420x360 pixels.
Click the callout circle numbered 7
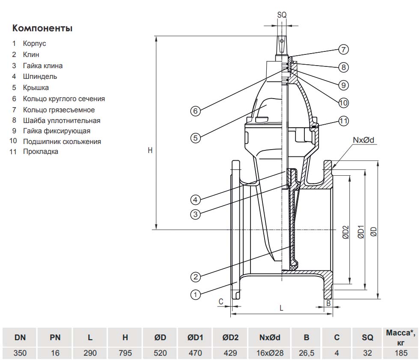[343, 50]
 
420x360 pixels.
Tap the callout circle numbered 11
[343, 121]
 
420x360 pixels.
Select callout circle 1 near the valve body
[196, 295]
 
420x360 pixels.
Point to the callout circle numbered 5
[196, 138]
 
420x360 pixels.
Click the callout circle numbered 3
[196, 214]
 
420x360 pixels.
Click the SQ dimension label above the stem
[282, 15]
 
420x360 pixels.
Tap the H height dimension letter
[150, 151]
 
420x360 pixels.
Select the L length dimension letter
[281, 308]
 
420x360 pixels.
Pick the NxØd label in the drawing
[363, 140]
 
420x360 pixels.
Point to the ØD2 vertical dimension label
[346, 232]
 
